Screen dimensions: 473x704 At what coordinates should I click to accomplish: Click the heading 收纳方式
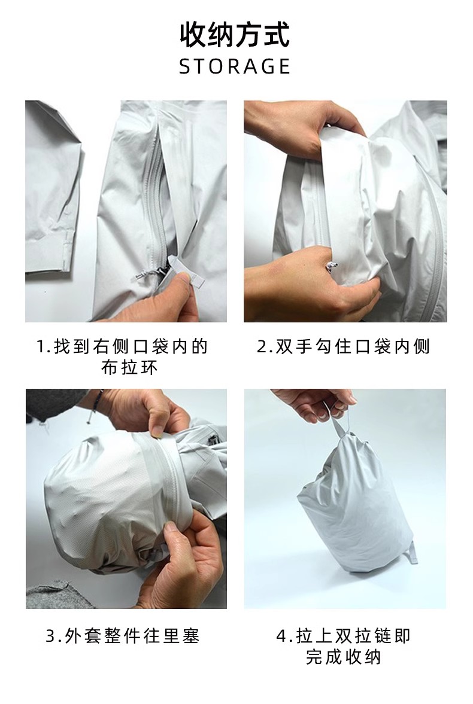(x=235, y=35)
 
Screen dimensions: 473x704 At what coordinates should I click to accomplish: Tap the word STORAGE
(x=235, y=66)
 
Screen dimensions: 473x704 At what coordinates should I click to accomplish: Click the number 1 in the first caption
(x=41, y=346)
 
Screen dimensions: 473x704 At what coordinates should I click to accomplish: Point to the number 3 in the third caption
(x=51, y=636)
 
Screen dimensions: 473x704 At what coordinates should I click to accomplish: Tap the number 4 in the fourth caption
(x=281, y=636)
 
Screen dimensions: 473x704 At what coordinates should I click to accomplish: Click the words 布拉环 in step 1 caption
(x=129, y=368)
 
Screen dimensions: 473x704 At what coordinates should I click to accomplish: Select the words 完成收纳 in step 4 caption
(x=343, y=657)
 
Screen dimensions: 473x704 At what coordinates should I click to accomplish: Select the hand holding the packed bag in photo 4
(x=315, y=404)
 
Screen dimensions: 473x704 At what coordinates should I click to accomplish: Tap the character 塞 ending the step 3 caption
(x=190, y=636)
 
